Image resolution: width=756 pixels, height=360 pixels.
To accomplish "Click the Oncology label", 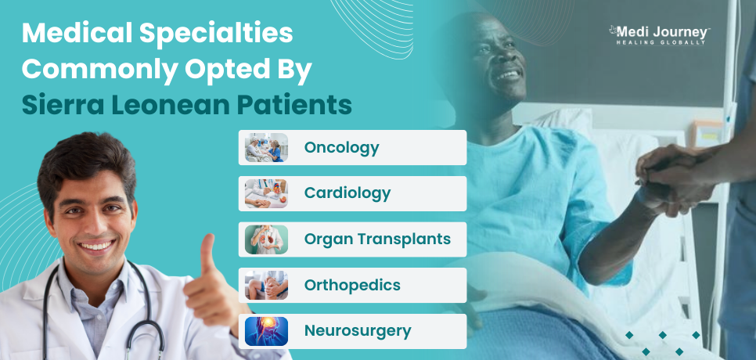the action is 341,148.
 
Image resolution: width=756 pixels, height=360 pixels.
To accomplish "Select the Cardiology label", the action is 347,193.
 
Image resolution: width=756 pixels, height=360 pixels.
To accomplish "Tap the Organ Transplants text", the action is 377,239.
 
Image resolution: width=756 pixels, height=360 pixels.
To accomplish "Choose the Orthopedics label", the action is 352,286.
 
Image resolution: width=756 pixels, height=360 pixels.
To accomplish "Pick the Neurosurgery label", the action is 358,331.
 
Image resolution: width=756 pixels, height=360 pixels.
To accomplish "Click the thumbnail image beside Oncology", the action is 266,147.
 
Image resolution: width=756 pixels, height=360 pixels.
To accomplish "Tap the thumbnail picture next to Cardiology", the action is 266,193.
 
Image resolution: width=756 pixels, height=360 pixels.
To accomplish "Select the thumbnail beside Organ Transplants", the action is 266,239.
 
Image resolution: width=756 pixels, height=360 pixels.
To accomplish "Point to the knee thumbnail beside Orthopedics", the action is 266,286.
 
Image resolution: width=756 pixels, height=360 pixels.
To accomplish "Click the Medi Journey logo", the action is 660,35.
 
